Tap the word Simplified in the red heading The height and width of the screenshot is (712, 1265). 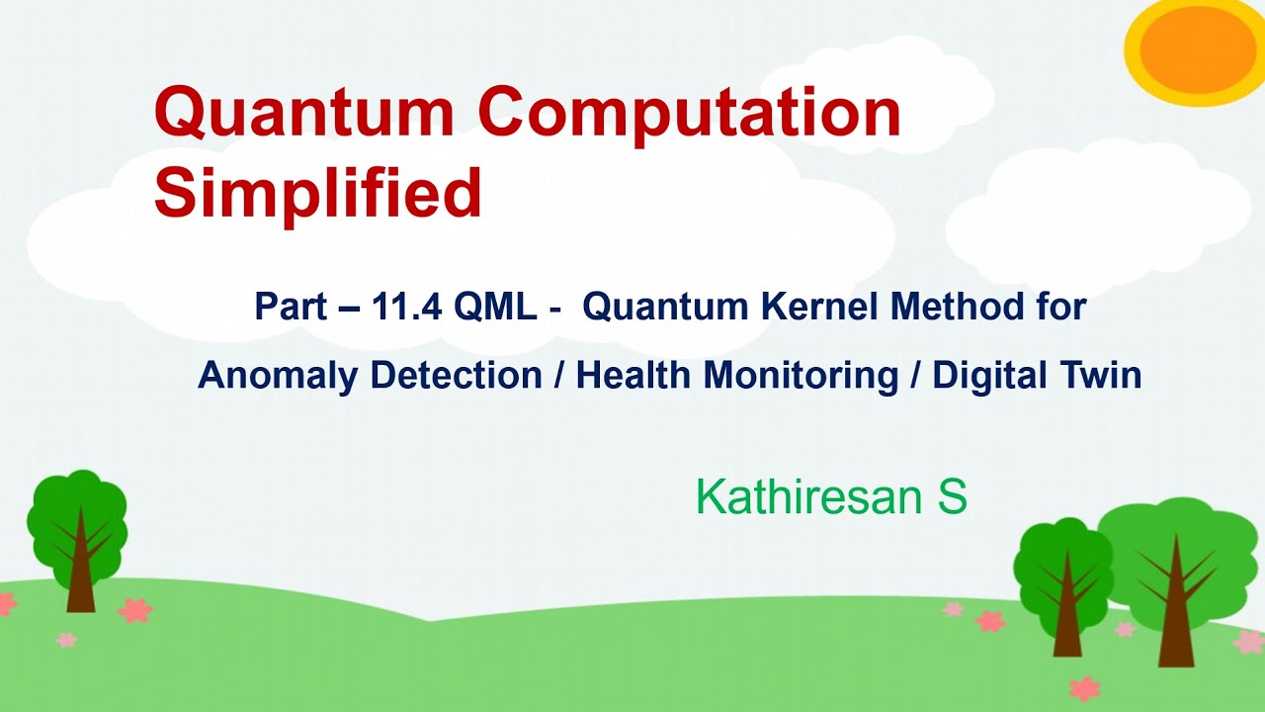point(317,193)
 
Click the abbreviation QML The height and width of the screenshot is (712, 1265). point(495,308)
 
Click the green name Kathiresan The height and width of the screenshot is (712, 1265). point(809,497)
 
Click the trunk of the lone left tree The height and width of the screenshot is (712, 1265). point(80,583)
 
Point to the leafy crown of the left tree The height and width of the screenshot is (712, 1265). point(76,514)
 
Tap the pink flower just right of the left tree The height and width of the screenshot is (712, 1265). point(135,609)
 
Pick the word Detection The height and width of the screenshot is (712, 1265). point(456,376)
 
